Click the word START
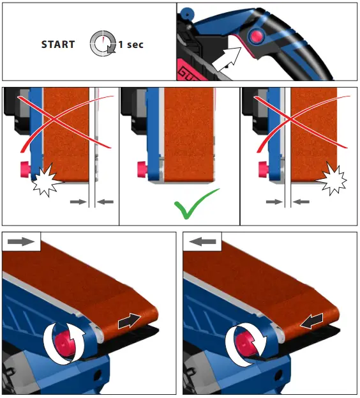(58, 45)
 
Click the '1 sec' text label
(131, 45)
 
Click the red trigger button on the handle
(256, 36)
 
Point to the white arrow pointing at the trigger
(225, 63)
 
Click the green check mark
(195, 204)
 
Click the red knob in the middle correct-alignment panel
(141, 171)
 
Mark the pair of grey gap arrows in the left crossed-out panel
(92, 202)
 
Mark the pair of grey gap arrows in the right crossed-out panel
(288, 202)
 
